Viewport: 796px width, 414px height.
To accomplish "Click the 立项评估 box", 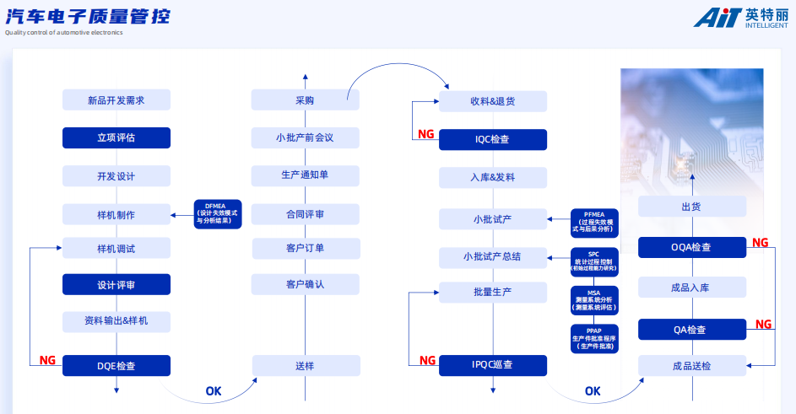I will (116, 137).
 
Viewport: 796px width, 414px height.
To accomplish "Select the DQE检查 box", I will (116, 366).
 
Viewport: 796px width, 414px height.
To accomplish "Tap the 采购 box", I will (305, 100).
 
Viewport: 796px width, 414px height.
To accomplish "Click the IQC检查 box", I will (492, 139).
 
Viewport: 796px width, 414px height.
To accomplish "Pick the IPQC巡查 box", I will (492, 365).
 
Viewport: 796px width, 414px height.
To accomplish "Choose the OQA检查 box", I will (691, 247).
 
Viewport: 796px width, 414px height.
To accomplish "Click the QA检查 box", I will (691, 330).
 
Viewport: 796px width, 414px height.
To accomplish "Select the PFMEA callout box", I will (594, 222).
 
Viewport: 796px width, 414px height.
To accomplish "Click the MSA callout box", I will (594, 300).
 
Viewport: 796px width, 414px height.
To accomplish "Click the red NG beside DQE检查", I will (47, 360).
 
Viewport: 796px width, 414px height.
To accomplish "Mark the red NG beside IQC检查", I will (426, 134).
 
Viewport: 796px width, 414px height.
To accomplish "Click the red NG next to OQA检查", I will (761, 242).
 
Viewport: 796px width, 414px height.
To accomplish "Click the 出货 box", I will (691, 207).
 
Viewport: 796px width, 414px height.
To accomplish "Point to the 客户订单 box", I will (305, 248).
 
